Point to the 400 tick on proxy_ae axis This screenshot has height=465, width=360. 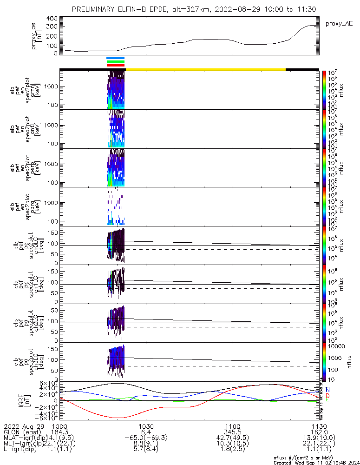point(52,19)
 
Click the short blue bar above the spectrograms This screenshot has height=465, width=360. point(116,58)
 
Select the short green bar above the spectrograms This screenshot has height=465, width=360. point(116,61)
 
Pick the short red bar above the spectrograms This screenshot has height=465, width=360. point(116,65)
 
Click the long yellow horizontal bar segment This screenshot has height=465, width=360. point(205,69)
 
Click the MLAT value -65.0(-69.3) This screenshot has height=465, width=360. point(146,438)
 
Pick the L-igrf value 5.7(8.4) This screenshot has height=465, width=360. point(146,451)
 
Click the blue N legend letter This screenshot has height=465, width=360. point(327,390)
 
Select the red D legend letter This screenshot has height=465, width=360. point(327,395)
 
